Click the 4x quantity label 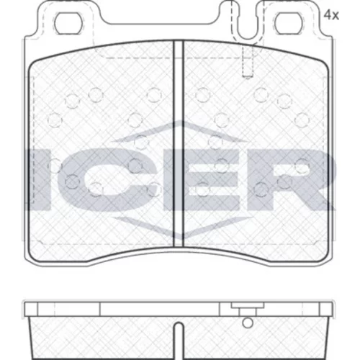pyautogui.click(x=331, y=16)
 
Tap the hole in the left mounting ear pyautogui.click(x=68, y=24)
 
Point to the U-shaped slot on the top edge pyautogui.click(x=248, y=24)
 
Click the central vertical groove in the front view pyautogui.click(x=178, y=144)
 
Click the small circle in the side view pyautogui.click(x=248, y=323)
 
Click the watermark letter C pyautogui.click(x=107, y=179)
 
